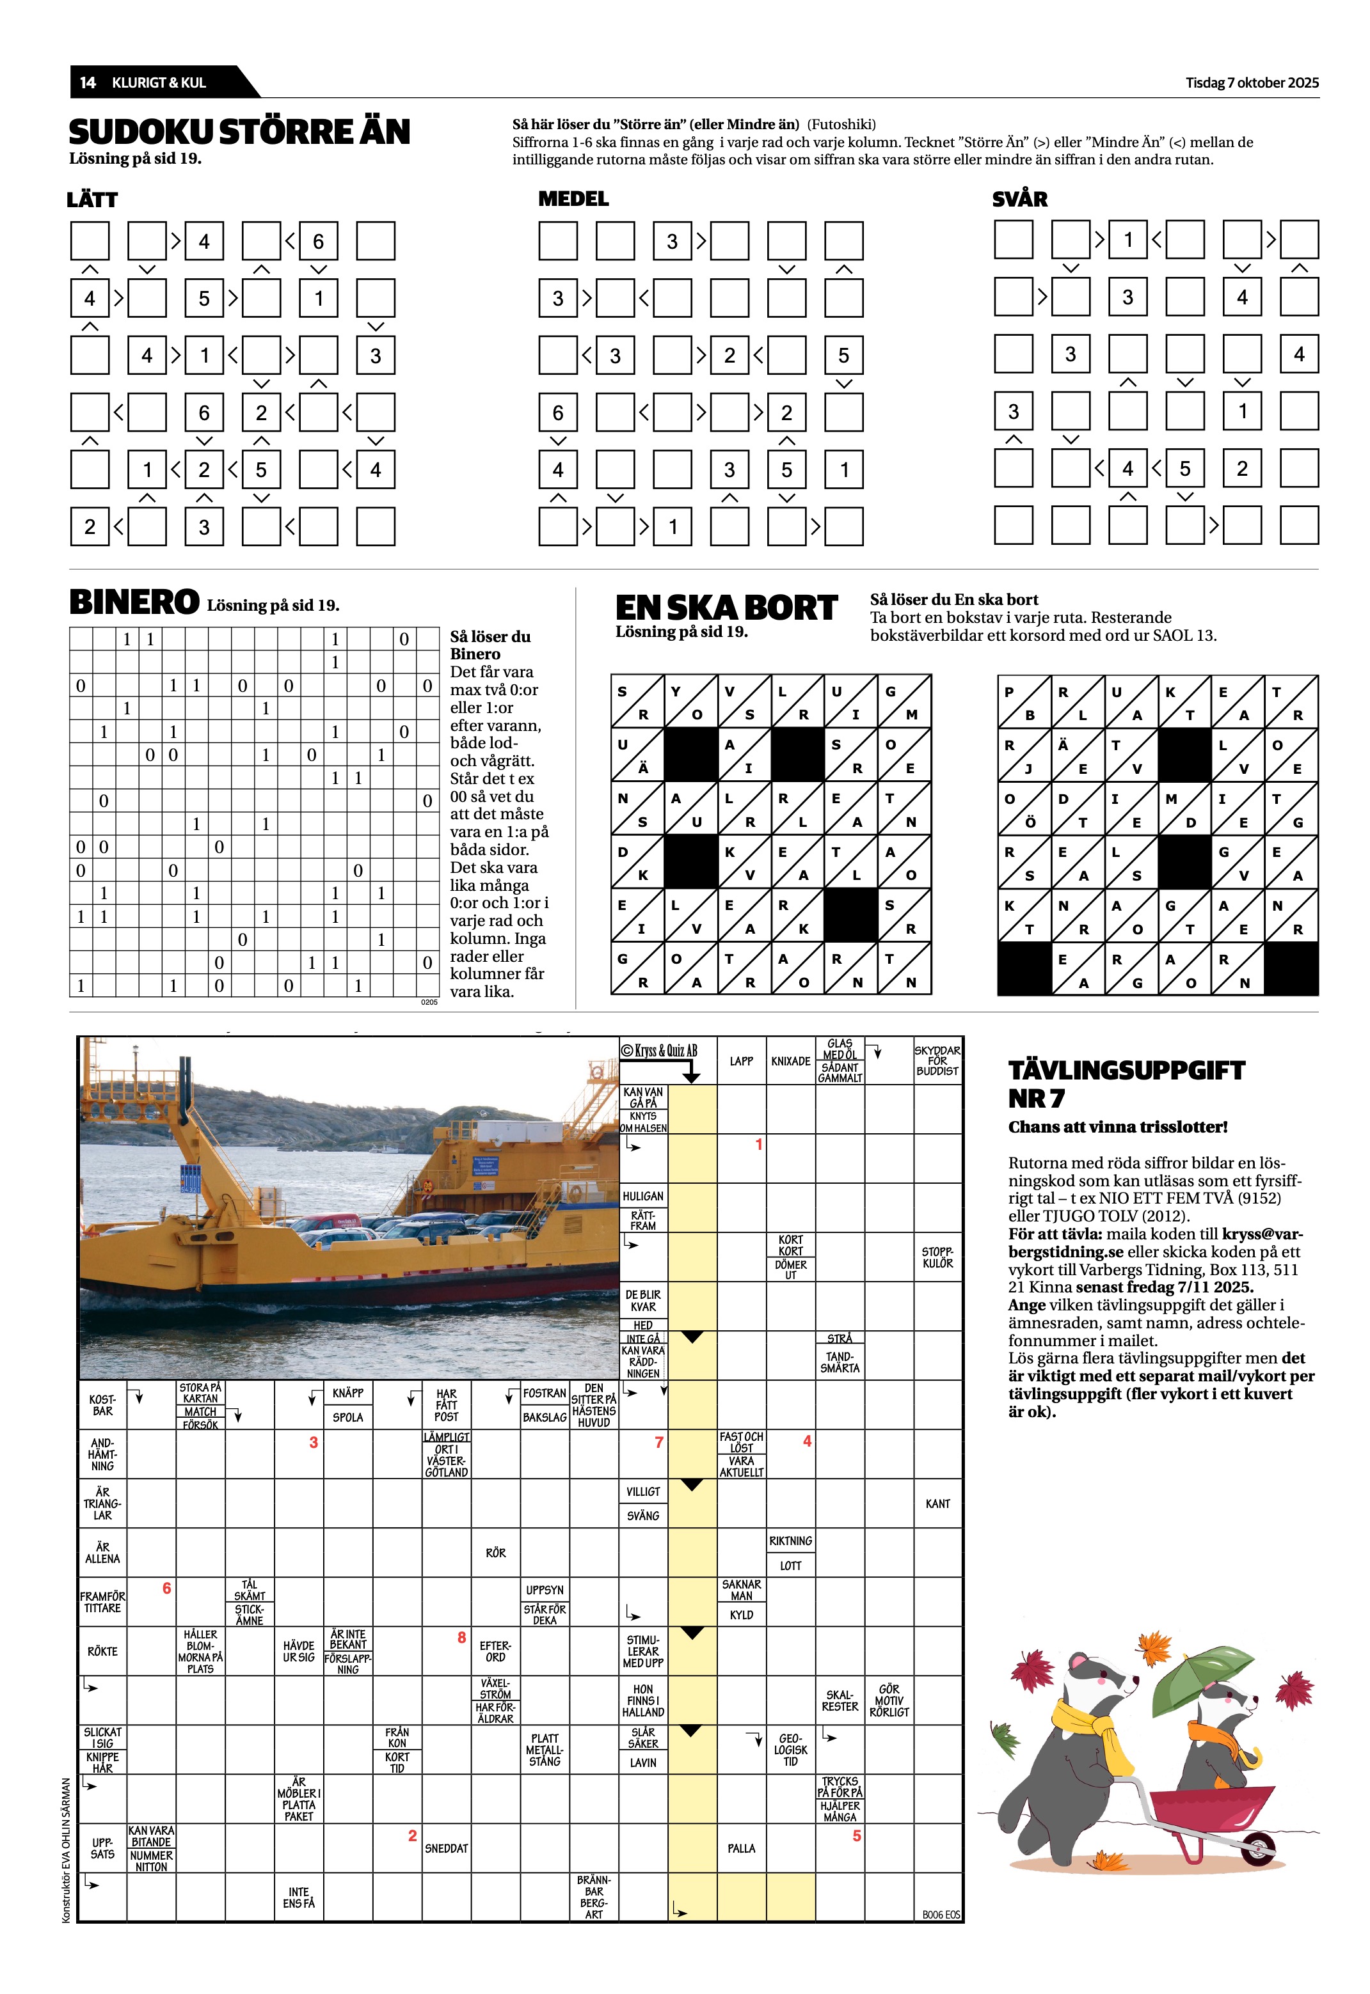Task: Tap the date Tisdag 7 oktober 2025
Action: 1252,82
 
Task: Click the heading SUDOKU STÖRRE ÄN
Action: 239,132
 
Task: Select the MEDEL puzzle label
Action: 573,199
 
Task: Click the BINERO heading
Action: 134,602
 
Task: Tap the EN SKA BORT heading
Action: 726,608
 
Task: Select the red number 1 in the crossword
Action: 759,1145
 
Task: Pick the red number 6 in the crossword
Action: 166,1588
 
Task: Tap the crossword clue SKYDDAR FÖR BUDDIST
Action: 937,1060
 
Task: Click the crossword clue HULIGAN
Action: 643,1196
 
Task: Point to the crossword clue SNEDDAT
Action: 447,1848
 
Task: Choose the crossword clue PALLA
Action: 742,1848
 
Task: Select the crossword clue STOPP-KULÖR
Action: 937,1257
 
